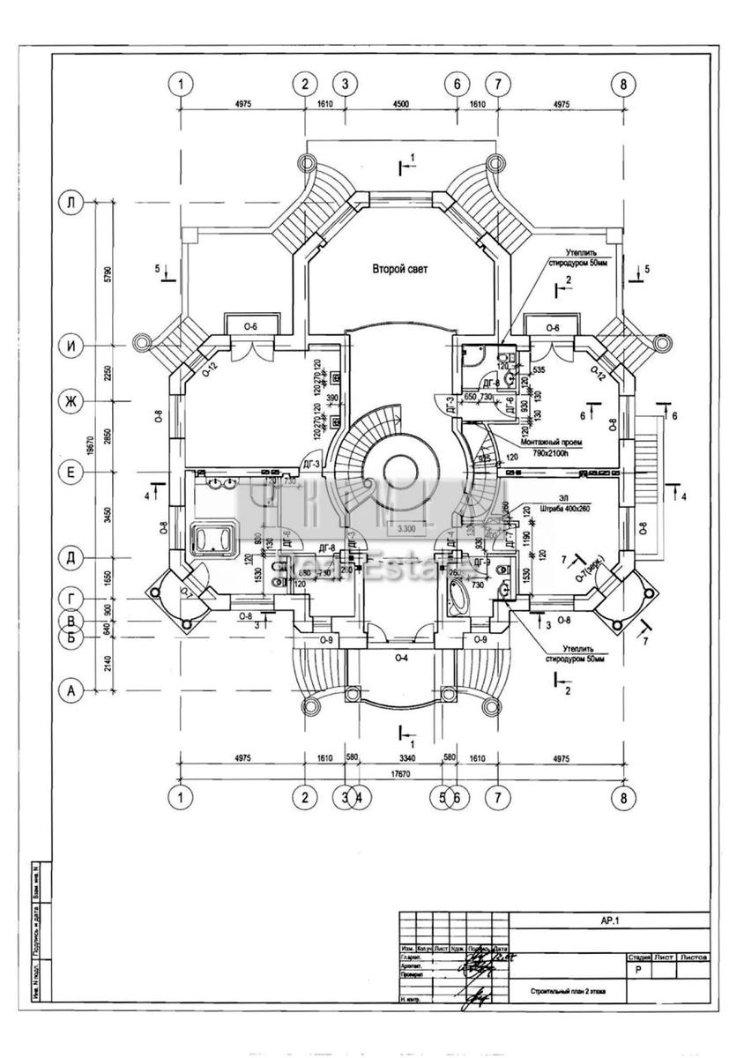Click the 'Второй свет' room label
pos(399,269)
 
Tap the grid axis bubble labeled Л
pos(70,203)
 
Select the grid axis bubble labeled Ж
pos(70,402)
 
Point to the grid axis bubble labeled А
pos(70,692)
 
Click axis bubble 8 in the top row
pos(623,84)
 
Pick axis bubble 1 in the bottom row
pos(180,798)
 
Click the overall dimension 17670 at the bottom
pos(401,775)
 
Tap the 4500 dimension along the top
pos(400,103)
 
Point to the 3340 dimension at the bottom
pos(401,757)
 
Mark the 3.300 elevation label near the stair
pos(406,529)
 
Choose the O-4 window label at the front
pos(400,658)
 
